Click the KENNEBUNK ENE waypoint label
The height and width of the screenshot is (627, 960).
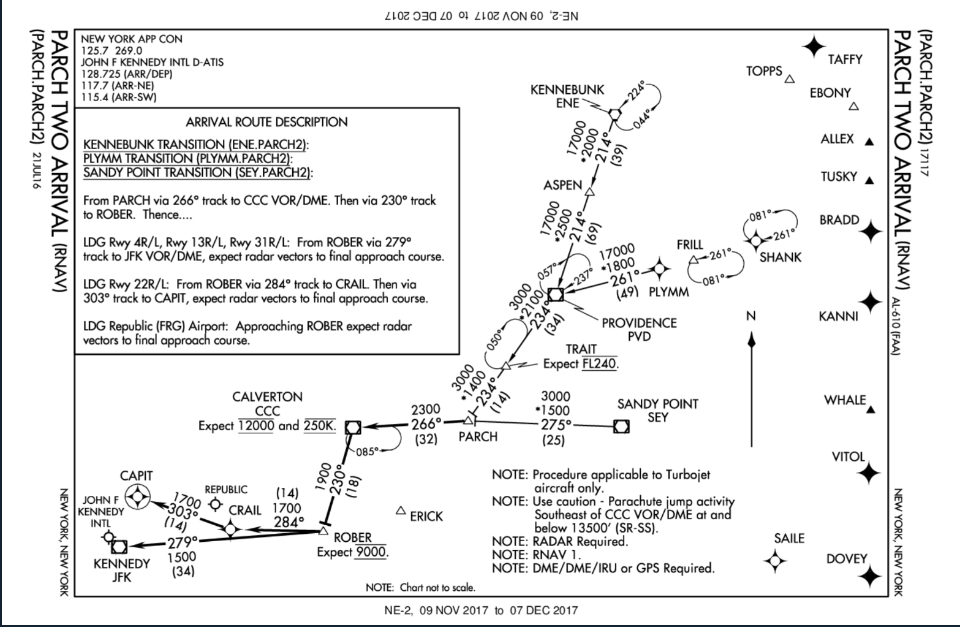[567, 96]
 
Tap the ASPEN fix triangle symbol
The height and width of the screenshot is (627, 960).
[589, 192]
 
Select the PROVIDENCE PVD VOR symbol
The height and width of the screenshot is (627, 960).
[556, 294]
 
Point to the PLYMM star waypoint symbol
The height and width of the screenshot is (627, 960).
[659, 268]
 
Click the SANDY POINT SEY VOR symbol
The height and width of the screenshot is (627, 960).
[621, 426]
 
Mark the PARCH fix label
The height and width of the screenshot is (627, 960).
[478, 436]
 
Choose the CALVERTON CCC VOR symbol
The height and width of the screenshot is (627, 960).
[353, 427]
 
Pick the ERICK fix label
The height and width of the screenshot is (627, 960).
[426, 517]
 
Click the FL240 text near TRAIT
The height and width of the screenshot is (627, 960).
[599, 363]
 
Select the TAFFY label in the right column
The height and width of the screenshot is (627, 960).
[845, 59]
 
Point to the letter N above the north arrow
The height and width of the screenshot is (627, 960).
[751, 316]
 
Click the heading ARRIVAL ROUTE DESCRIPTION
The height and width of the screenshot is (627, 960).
[266, 122]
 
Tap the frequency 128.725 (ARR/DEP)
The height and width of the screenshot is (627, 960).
[127, 74]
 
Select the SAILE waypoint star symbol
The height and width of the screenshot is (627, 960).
[775, 560]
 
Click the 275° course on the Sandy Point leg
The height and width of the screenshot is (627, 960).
[556, 425]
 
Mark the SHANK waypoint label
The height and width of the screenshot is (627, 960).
[780, 257]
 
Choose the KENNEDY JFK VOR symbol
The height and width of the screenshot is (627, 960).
[119, 545]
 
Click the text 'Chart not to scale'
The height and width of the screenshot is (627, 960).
[437, 588]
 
